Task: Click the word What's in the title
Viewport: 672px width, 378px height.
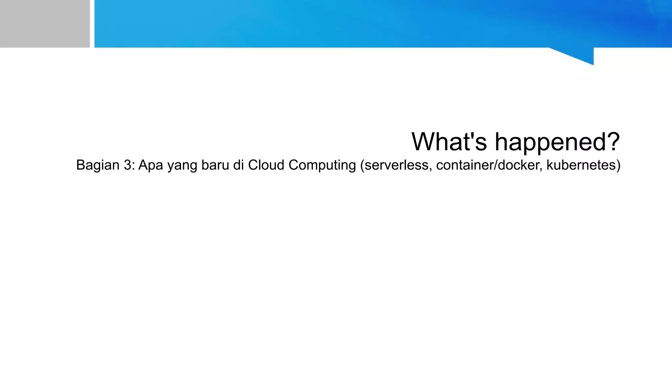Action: pyautogui.click(x=449, y=142)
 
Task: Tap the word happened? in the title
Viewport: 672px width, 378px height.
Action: pyautogui.click(x=557, y=142)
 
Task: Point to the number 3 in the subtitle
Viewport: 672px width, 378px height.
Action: pyautogui.click(x=127, y=165)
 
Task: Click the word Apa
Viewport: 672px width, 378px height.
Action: pyautogui.click(x=151, y=165)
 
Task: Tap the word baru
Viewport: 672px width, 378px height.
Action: pyautogui.click(x=215, y=165)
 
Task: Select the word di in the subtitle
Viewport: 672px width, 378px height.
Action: pyautogui.click(x=239, y=165)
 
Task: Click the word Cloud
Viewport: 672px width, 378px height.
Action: pyautogui.click(x=266, y=165)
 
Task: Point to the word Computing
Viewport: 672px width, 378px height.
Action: pyautogui.click(x=322, y=165)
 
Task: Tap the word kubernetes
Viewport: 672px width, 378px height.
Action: pyautogui.click(x=581, y=165)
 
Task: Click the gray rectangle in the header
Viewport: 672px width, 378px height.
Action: pyautogui.click(x=45, y=24)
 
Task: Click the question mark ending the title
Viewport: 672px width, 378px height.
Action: pyautogui.click(x=612, y=142)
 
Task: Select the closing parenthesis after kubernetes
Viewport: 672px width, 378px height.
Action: pyautogui.click(x=619, y=165)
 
